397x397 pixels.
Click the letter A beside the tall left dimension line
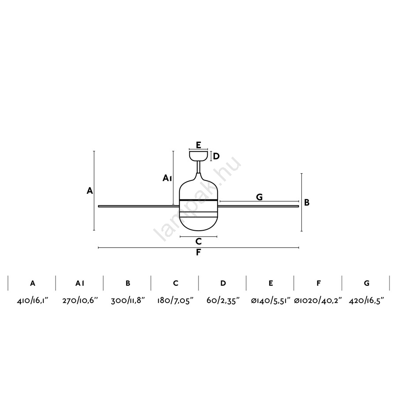pyautogui.click(x=90, y=191)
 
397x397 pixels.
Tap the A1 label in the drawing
pyautogui.click(x=167, y=178)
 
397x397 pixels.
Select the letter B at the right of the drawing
pyautogui.click(x=307, y=202)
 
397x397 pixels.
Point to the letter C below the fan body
pyautogui.click(x=198, y=242)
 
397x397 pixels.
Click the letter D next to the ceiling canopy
pyautogui.click(x=216, y=156)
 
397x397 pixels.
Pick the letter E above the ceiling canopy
pyautogui.click(x=198, y=145)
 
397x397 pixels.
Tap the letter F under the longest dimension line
pyautogui.click(x=198, y=252)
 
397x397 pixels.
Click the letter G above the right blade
pyautogui.click(x=259, y=197)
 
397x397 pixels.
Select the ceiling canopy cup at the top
pyautogui.click(x=198, y=156)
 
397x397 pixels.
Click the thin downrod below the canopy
pyautogui.click(x=198, y=167)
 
